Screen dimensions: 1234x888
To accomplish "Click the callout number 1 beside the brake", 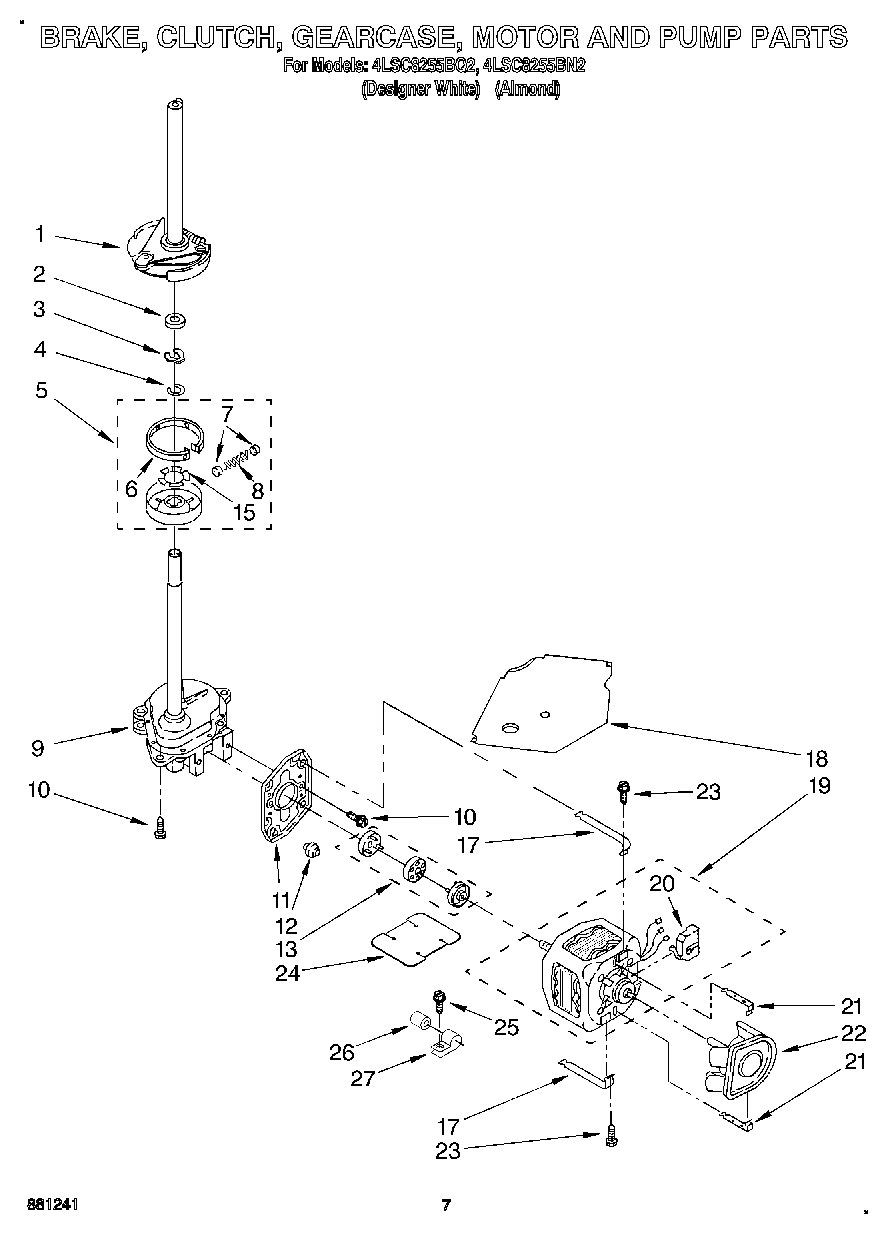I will click(39, 234).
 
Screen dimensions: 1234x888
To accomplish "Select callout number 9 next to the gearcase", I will click(39, 745).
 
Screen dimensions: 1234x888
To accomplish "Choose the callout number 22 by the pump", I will click(853, 1034).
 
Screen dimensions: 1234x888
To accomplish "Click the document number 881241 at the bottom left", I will click(50, 1205).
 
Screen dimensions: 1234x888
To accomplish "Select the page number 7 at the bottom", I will click(446, 1205).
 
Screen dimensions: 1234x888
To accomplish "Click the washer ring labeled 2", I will click(176, 320).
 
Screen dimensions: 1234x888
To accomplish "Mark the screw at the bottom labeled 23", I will click(609, 1133).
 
